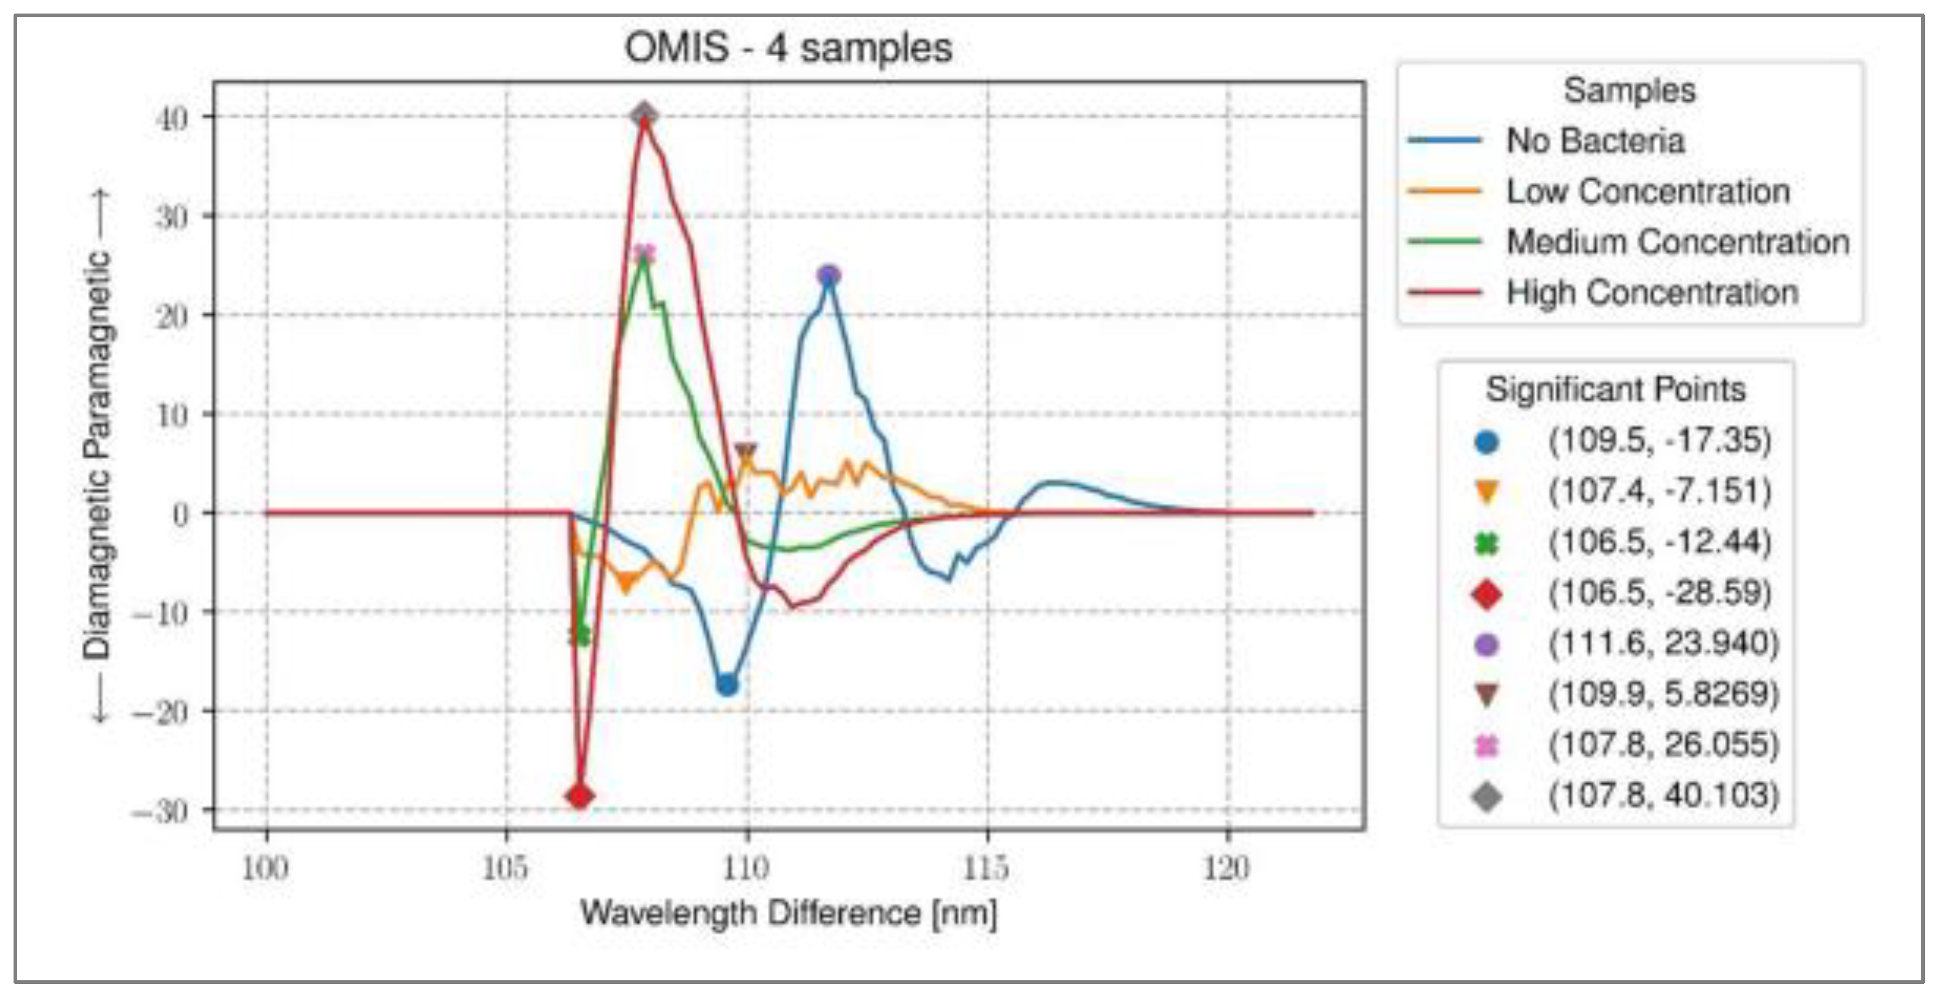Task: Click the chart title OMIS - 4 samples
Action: (788, 48)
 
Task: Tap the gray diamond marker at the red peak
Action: (645, 115)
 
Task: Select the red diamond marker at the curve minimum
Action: (579, 795)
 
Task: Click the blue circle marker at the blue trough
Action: (727, 685)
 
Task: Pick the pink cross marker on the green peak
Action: (644, 255)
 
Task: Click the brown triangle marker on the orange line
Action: (745, 452)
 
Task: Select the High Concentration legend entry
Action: (1652, 292)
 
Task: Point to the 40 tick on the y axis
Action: (172, 118)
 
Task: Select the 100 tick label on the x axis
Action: (265, 868)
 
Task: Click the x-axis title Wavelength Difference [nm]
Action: (788, 913)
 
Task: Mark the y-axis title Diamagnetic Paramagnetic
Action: (98, 456)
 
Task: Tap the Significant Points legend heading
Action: (1616, 389)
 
